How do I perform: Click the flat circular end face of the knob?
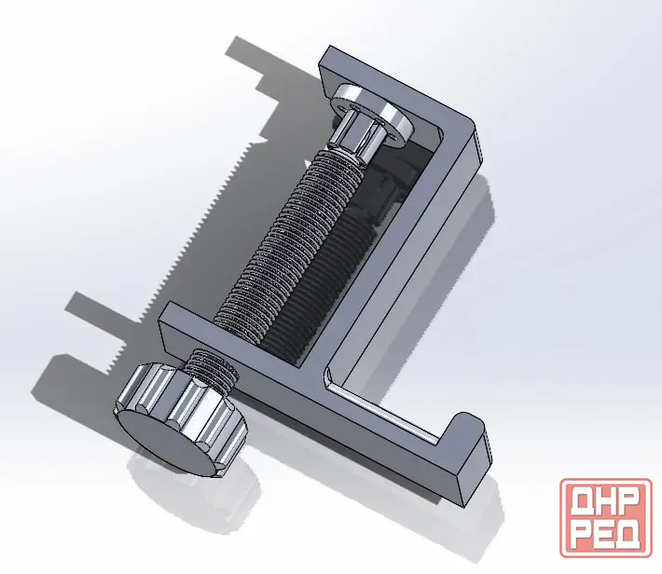[166, 443]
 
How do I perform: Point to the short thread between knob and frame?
[211, 368]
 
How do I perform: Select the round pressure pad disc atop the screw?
[371, 113]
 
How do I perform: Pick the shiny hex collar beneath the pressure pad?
[353, 136]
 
